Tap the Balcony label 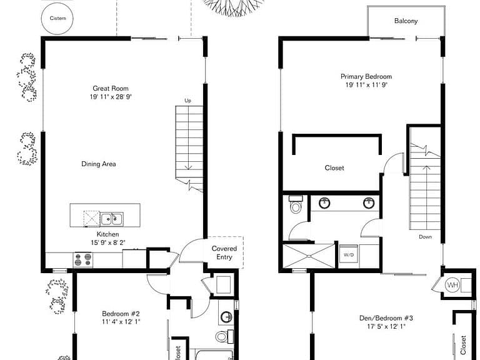(406, 21)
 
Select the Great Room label (111, 89)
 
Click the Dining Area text (99, 164)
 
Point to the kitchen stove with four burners (83, 259)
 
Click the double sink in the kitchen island (112, 219)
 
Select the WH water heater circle (452, 286)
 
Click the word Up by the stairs (187, 101)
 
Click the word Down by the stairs (425, 237)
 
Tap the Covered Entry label (224, 253)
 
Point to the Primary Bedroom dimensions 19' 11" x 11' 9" (366, 85)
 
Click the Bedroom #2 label (121, 314)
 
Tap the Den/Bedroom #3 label (386, 318)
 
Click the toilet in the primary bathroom (296, 204)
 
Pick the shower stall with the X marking (309, 256)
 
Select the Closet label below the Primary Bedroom (334, 167)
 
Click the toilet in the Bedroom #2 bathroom (224, 336)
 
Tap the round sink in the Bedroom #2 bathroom (226, 316)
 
